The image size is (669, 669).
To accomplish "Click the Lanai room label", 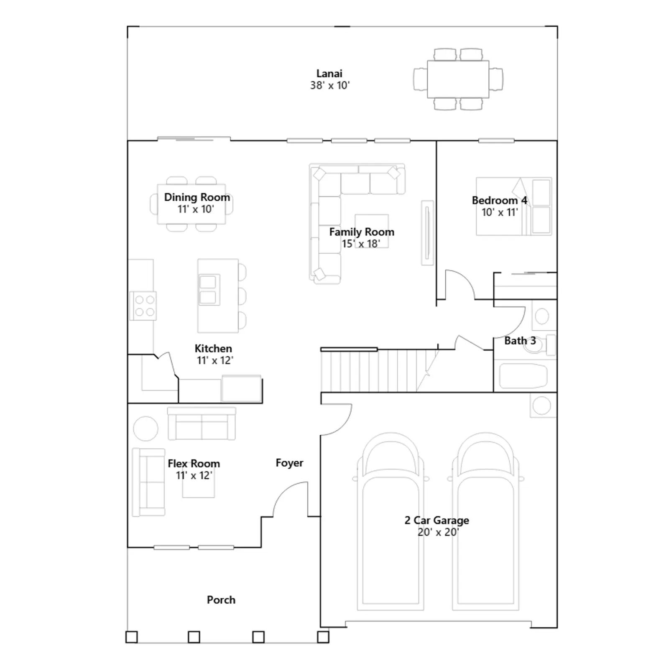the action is click(329, 74).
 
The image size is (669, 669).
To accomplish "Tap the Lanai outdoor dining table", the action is click(458, 79).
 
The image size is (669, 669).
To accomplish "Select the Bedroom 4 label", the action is click(499, 200).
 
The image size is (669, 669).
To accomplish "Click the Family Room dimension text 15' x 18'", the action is click(361, 243).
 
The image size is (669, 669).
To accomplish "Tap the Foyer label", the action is click(289, 463).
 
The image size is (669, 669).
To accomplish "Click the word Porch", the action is click(221, 600).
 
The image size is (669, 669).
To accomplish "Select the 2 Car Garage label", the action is click(437, 520).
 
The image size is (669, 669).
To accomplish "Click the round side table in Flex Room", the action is click(146, 429).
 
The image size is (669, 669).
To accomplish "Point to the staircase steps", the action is click(378, 370).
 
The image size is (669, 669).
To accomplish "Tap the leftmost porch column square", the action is click(132, 637).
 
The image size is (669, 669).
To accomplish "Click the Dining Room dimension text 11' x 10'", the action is click(196, 209).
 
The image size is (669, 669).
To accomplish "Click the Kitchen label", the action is click(213, 348).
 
